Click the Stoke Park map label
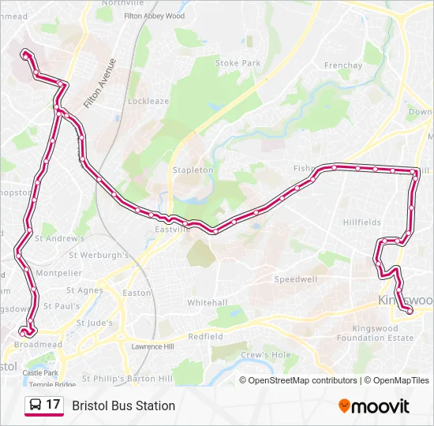(x=238, y=63)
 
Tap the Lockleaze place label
(x=148, y=102)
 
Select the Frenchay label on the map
(x=342, y=65)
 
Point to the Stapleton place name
(x=193, y=170)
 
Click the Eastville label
(x=173, y=230)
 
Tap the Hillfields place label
(x=362, y=223)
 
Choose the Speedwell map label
(x=296, y=279)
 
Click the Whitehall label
(x=208, y=303)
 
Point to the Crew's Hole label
(x=266, y=355)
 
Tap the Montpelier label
(x=58, y=273)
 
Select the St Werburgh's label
(x=99, y=256)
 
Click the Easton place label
(x=137, y=293)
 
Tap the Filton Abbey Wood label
(x=154, y=16)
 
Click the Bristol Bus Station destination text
(x=124, y=406)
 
